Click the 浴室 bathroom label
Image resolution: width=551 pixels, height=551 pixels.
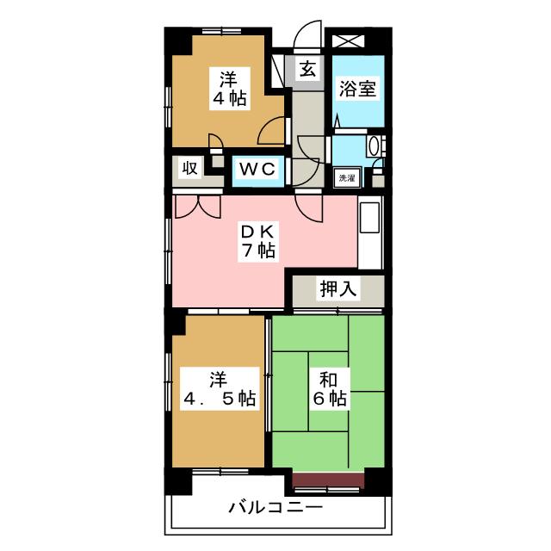pos(357,90)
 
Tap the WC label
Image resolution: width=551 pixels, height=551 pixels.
pos(257,170)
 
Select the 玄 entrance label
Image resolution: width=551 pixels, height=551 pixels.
pos(307,69)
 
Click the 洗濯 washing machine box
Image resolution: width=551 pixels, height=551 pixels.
pos(347,178)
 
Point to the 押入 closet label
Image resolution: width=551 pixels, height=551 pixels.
pos(338,289)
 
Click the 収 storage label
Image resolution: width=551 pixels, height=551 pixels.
pos(190,169)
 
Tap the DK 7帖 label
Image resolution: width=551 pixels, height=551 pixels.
pos(258,241)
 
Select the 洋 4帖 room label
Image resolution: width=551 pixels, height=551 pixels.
pos(230,89)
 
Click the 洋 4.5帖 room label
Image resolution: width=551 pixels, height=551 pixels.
pos(220,389)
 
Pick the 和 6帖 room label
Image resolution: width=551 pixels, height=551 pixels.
pos(330,389)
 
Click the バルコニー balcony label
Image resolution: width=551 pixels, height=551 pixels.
pos(275,507)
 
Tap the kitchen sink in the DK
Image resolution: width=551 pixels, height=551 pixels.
pos(369,218)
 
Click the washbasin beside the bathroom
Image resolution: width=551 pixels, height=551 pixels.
pos(373,145)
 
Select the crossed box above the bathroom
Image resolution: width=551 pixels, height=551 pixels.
pos(348,41)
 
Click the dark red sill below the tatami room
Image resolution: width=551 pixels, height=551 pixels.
pos(329,480)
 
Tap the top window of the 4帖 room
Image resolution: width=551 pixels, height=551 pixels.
pos(221,31)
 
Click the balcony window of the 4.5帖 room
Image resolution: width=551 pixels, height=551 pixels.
pos(220,472)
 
